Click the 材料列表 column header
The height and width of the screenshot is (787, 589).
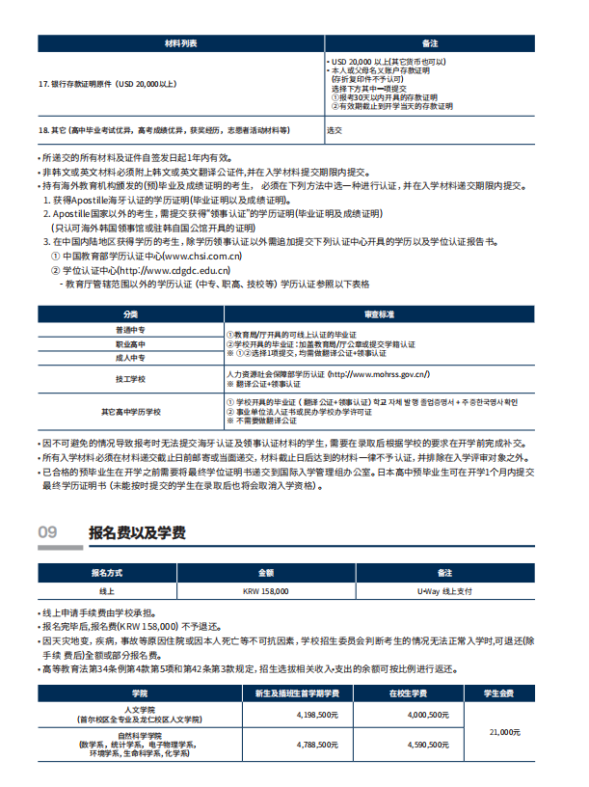pyautogui.click(x=180, y=44)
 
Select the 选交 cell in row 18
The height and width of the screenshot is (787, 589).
pyautogui.click(x=335, y=129)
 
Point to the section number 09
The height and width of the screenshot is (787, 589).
pyautogui.click(x=47, y=532)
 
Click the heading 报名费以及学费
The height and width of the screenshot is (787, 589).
pyautogui.click(x=137, y=532)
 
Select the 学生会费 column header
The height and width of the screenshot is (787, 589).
pyautogui.click(x=500, y=693)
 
